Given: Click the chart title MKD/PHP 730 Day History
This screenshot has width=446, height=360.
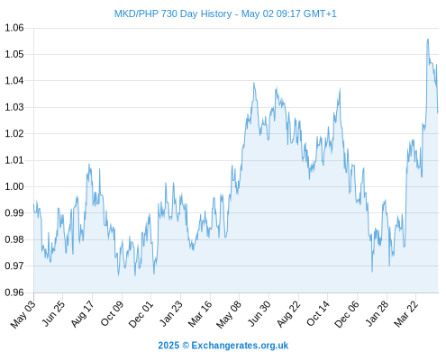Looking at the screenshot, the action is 173,13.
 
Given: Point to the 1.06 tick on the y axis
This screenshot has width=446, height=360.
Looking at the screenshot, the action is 14,28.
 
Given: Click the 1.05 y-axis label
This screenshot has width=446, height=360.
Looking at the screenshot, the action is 14,54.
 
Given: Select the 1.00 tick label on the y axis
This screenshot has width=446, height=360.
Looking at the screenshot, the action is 14,186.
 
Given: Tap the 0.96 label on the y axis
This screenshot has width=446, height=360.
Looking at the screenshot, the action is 14,292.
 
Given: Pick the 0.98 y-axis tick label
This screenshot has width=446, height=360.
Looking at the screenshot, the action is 14,239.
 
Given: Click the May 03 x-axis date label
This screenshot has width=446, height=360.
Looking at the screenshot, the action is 23,314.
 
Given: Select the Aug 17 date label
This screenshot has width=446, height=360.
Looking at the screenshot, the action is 82,314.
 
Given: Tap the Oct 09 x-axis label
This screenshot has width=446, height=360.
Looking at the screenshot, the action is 112,314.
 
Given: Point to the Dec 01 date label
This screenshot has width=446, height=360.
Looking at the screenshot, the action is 141,314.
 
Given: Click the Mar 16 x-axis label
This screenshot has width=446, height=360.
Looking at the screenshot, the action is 200,314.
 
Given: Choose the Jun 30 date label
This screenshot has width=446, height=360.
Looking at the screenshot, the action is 259,314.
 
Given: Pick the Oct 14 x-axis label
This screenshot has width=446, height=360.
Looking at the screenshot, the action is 318,314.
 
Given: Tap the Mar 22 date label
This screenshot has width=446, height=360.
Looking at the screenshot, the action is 405,314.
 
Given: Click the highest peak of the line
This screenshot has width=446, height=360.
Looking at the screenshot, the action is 428,40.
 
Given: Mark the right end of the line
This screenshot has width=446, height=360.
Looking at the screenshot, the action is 438,112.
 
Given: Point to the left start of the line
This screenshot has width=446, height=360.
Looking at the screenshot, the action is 34,204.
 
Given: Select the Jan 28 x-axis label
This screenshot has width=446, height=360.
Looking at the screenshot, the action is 377,314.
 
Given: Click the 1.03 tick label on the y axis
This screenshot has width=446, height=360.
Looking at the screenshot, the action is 14,107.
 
